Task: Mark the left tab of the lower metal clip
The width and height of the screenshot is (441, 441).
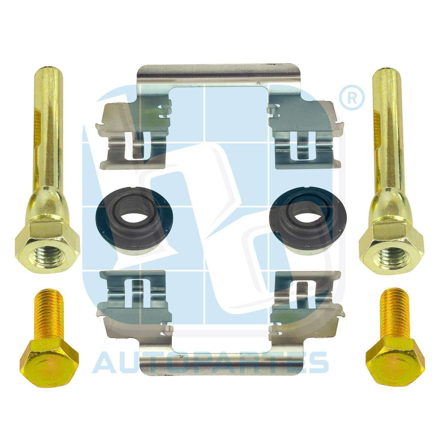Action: tap(134, 297)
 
